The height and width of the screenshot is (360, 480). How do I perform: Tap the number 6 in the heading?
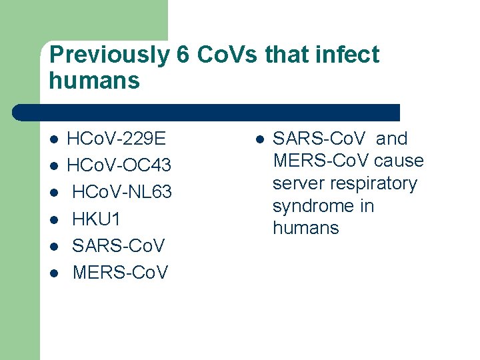pyautogui.click(x=183, y=55)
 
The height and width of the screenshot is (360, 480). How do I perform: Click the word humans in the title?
pyautogui.click(x=95, y=81)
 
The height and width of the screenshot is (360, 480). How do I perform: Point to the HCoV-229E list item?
pyautogui.click(x=117, y=139)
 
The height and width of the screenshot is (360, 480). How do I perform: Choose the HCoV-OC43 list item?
pyautogui.click(x=119, y=165)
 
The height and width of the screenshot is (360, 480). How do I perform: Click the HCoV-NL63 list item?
pyautogui.click(x=122, y=192)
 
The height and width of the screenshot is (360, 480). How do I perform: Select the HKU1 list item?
pyautogui.click(x=97, y=219)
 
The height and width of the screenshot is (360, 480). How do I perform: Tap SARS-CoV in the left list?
pyautogui.click(x=118, y=245)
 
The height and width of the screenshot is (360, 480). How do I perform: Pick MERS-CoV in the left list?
pyautogui.click(x=120, y=272)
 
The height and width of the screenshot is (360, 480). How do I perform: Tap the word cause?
pyautogui.click(x=399, y=161)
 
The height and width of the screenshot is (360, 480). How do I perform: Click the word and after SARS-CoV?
pyautogui.click(x=391, y=139)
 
